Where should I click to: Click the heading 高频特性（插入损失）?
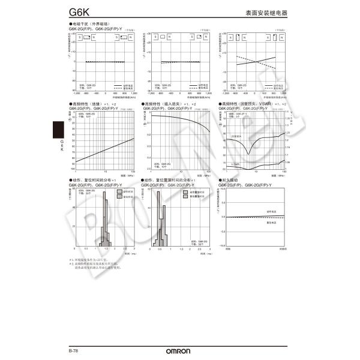click(x=167, y=104)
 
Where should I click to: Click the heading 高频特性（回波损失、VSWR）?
click(x=247, y=104)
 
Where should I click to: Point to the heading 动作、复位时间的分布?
click(x=95, y=179)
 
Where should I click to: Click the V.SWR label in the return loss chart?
click(x=236, y=163)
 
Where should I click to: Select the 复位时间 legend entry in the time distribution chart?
click(x=125, y=196)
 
